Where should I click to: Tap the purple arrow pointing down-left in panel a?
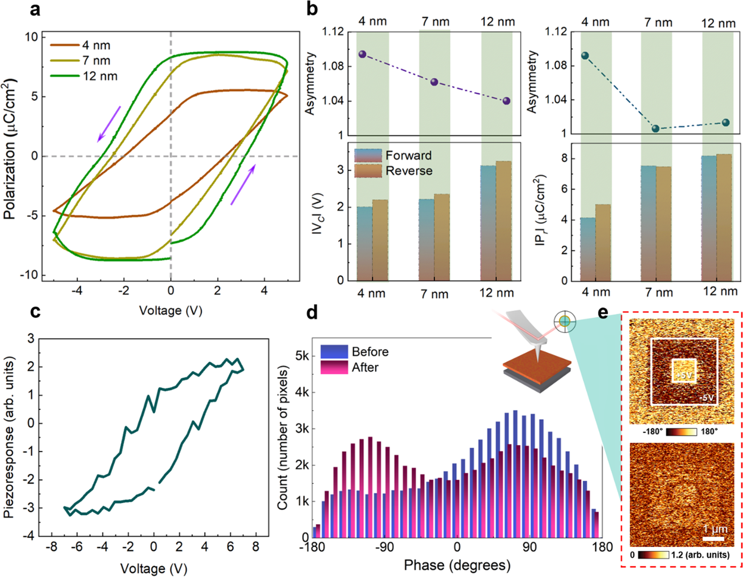pyautogui.click(x=109, y=124)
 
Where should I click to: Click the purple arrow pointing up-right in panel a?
pyautogui.click(x=243, y=184)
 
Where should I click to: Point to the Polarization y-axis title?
pyautogui.click(x=10, y=149)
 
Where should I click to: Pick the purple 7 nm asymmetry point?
pyautogui.click(x=434, y=82)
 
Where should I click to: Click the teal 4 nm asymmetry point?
pyautogui.click(x=585, y=56)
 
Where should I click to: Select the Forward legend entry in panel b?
pyautogui.click(x=393, y=155)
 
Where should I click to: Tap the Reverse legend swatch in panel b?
pyautogui.click(x=368, y=171)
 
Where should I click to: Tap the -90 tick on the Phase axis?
pyautogui.click(x=385, y=547)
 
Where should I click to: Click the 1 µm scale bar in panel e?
pyautogui.click(x=714, y=539)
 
